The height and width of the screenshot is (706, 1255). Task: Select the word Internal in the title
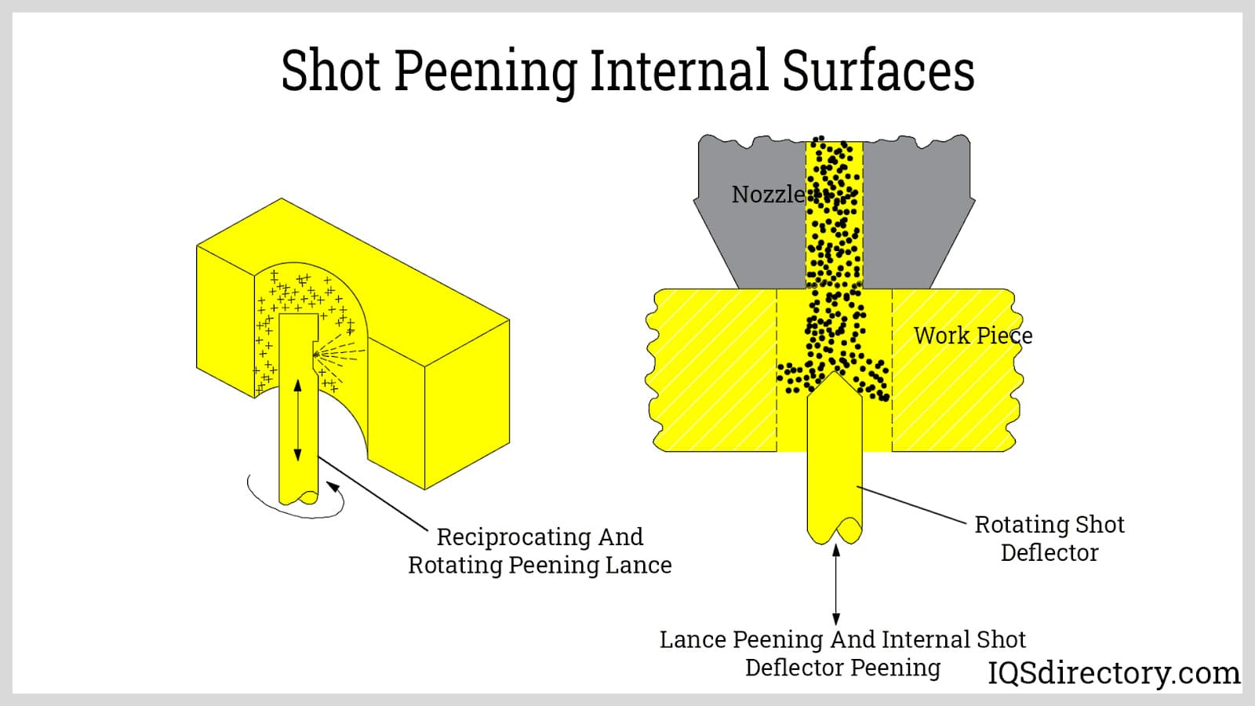(680, 71)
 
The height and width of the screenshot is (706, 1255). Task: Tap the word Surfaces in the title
(878, 71)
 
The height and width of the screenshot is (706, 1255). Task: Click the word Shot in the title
(331, 71)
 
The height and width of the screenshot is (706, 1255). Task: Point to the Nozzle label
(767, 194)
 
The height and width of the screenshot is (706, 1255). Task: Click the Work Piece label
(973, 336)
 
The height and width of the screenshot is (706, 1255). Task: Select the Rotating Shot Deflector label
(1049, 538)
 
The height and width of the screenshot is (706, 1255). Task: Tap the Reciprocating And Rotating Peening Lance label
(540, 551)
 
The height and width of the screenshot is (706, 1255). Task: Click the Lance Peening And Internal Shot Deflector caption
(842, 653)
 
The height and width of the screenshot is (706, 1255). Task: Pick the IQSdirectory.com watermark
(1114, 673)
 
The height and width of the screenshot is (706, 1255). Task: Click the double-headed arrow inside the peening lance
(297, 420)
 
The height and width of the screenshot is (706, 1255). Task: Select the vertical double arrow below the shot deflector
(836, 584)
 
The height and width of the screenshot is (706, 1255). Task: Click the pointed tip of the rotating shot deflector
(834, 375)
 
